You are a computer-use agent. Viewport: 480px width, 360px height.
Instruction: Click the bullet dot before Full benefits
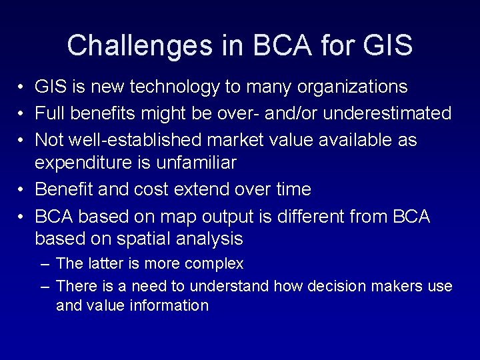click(x=22, y=114)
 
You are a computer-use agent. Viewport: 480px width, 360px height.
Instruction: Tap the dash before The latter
click(x=45, y=265)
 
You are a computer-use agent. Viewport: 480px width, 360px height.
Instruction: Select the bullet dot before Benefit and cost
click(x=22, y=190)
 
